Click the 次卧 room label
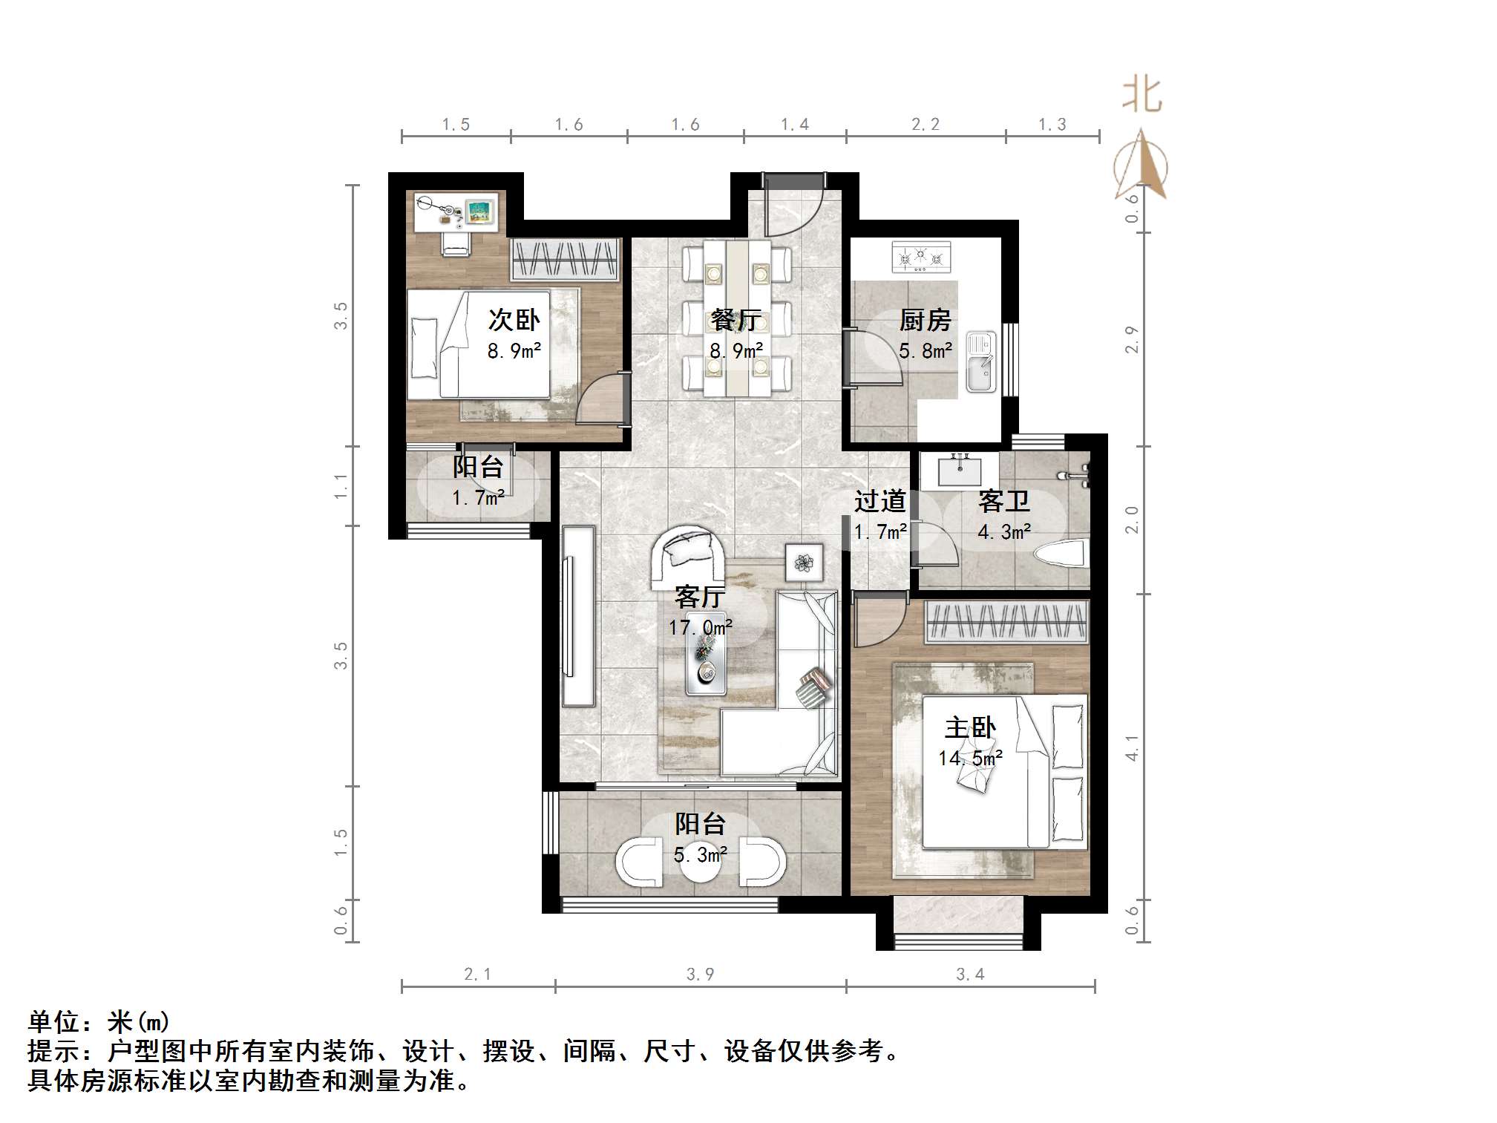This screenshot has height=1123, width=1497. (513, 320)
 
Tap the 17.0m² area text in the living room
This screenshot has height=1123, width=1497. (699, 628)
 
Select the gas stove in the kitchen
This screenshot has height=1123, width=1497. (920, 257)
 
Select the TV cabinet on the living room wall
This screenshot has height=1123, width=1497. (577, 615)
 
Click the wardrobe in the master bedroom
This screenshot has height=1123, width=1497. (1006, 622)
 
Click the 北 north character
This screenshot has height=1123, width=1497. (1141, 96)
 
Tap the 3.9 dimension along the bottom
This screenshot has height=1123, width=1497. (700, 975)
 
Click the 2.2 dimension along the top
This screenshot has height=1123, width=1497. (925, 125)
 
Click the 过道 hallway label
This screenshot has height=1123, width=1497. (879, 502)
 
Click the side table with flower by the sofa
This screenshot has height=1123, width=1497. (804, 562)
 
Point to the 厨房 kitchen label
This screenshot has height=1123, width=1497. (925, 320)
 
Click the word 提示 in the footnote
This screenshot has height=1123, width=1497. (53, 1052)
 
